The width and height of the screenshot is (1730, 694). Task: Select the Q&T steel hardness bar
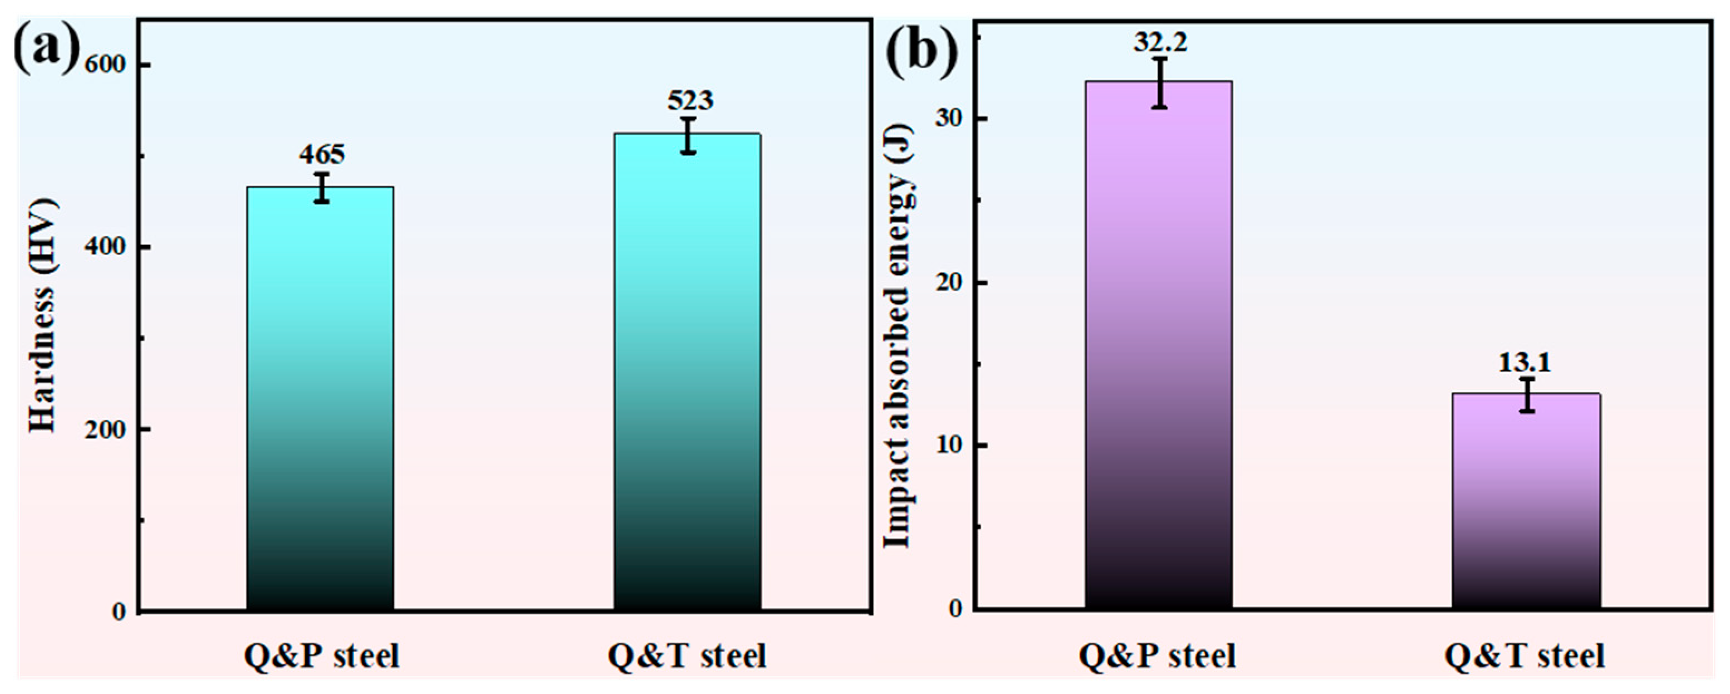point(687,372)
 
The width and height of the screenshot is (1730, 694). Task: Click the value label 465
point(322,154)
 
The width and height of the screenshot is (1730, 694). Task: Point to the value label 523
point(690,101)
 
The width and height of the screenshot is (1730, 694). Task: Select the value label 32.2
point(1160,43)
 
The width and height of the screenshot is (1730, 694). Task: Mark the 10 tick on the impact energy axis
point(948,446)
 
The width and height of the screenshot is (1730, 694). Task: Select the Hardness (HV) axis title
point(43,316)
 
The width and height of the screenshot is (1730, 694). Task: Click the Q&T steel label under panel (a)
point(687,656)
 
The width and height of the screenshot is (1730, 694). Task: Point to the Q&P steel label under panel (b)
point(1157,656)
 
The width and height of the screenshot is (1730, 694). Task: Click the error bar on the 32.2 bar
point(1159,82)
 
